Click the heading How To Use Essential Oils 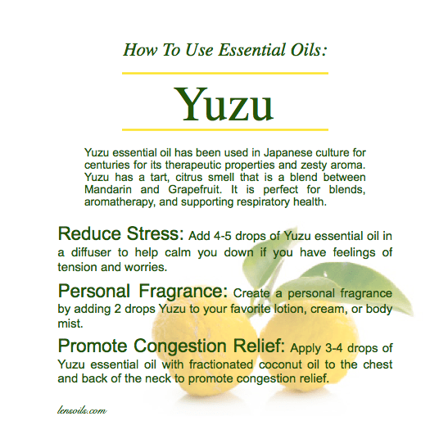click(225, 49)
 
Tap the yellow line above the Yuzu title click(225, 73)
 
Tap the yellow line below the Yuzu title click(225, 129)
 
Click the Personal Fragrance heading click(144, 290)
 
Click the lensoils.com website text click(84, 405)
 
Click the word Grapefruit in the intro click(188, 190)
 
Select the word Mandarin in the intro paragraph click(109, 190)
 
